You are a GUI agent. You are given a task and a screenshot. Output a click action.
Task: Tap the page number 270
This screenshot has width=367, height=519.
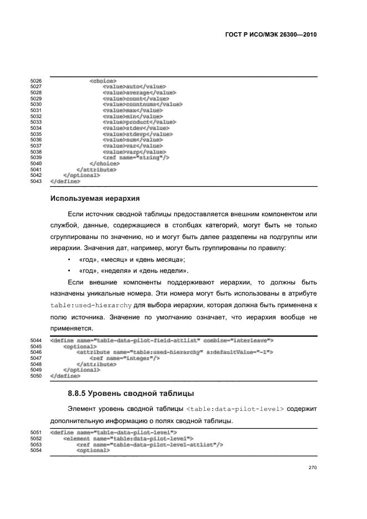click(x=312, y=467)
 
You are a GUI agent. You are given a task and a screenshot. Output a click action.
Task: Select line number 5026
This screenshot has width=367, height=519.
click(x=36, y=81)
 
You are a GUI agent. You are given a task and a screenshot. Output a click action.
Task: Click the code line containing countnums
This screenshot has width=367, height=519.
click(x=142, y=104)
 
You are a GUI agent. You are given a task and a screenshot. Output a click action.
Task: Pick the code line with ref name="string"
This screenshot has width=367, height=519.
click(x=136, y=157)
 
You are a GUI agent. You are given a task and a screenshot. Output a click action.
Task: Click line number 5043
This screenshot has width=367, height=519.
click(x=36, y=181)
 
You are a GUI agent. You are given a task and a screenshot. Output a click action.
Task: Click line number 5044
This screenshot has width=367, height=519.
click(x=36, y=340)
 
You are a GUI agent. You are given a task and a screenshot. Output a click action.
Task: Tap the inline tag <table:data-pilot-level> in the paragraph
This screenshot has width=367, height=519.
click(x=235, y=409)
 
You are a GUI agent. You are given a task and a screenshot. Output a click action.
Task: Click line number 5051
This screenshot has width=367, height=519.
click(x=36, y=432)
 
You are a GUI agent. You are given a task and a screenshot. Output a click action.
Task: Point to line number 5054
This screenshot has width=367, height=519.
click(x=36, y=450)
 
